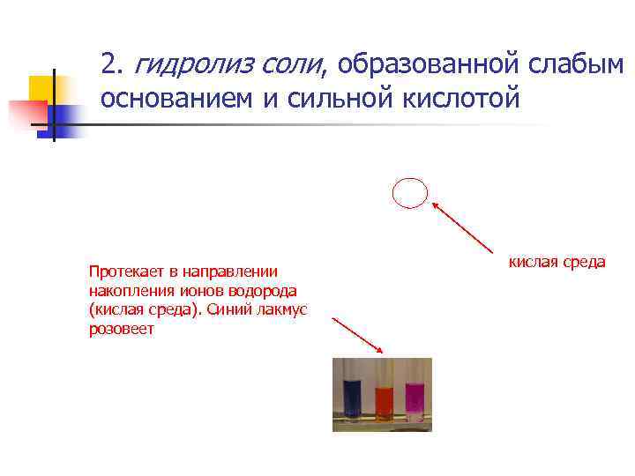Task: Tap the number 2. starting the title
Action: [x=110, y=63]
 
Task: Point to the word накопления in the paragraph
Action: [x=124, y=290]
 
